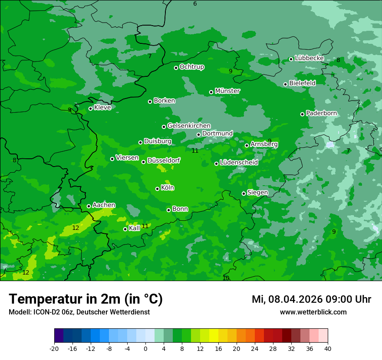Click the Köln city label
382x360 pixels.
click(x=168, y=188)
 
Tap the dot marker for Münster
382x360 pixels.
click(x=211, y=92)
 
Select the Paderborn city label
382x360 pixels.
click(x=322, y=113)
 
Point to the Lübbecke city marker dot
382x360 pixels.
click(x=291, y=59)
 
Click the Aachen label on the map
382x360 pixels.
click(x=104, y=205)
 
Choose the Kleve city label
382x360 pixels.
click(x=103, y=108)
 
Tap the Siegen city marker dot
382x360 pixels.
click(x=244, y=193)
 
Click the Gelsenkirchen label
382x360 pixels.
click(x=189, y=126)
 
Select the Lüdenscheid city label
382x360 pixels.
click(x=239, y=163)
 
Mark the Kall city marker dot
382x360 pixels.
click(x=125, y=229)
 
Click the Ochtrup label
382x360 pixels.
click(x=192, y=67)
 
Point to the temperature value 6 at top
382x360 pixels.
click(x=195, y=4)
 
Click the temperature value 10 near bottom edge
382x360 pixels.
click(x=226, y=278)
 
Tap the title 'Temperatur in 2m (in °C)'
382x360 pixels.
click(x=86, y=299)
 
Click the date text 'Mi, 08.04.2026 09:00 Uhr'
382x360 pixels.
click(x=311, y=299)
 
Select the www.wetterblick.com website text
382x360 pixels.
click(x=313, y=312)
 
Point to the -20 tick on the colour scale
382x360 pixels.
click(x=54, y=349)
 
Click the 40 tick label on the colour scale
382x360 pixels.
click(x=328, y=349)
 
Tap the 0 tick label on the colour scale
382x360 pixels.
click(x=145, y=349)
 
